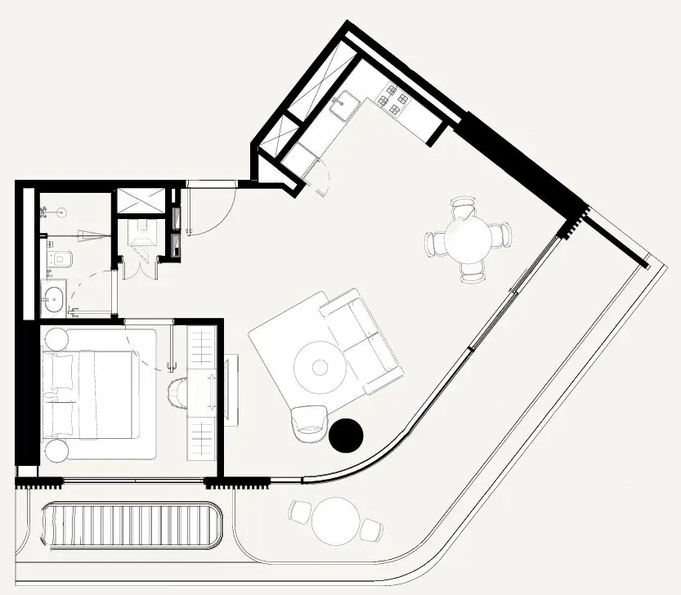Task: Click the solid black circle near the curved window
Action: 345,435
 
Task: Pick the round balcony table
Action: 336,521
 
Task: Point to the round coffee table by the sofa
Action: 318,363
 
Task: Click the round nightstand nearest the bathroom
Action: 56,338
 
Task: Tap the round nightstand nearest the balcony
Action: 56,450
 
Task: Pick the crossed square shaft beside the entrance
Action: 141,201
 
